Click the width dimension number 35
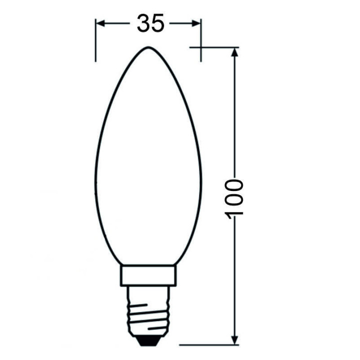(150, 23)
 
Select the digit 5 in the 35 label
(157, 23)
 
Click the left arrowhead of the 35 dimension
(100, 23)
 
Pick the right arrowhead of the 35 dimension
(197, 23)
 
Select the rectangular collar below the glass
(148, 275)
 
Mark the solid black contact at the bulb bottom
(148, 342)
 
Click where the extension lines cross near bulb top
(201, 47)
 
